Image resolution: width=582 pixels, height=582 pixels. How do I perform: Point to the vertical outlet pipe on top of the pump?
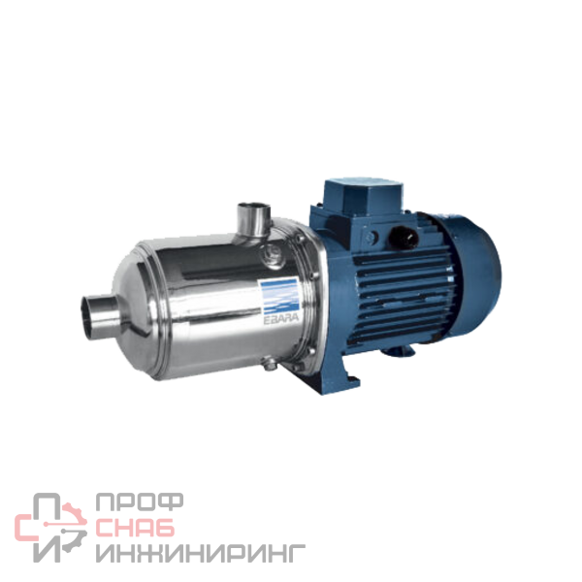point(254,220)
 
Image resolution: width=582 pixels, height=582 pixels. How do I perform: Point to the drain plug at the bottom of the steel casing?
point(270,363)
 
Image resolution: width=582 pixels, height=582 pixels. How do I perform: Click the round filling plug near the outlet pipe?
point(272,254)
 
